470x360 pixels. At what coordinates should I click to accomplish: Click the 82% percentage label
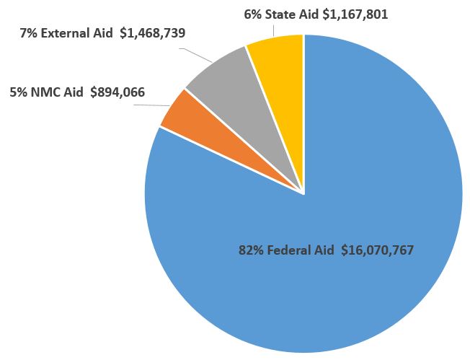249,251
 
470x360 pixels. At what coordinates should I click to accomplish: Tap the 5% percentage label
18,92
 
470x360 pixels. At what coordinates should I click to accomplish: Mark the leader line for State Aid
275,29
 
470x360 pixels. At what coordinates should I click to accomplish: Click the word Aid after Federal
325,251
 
